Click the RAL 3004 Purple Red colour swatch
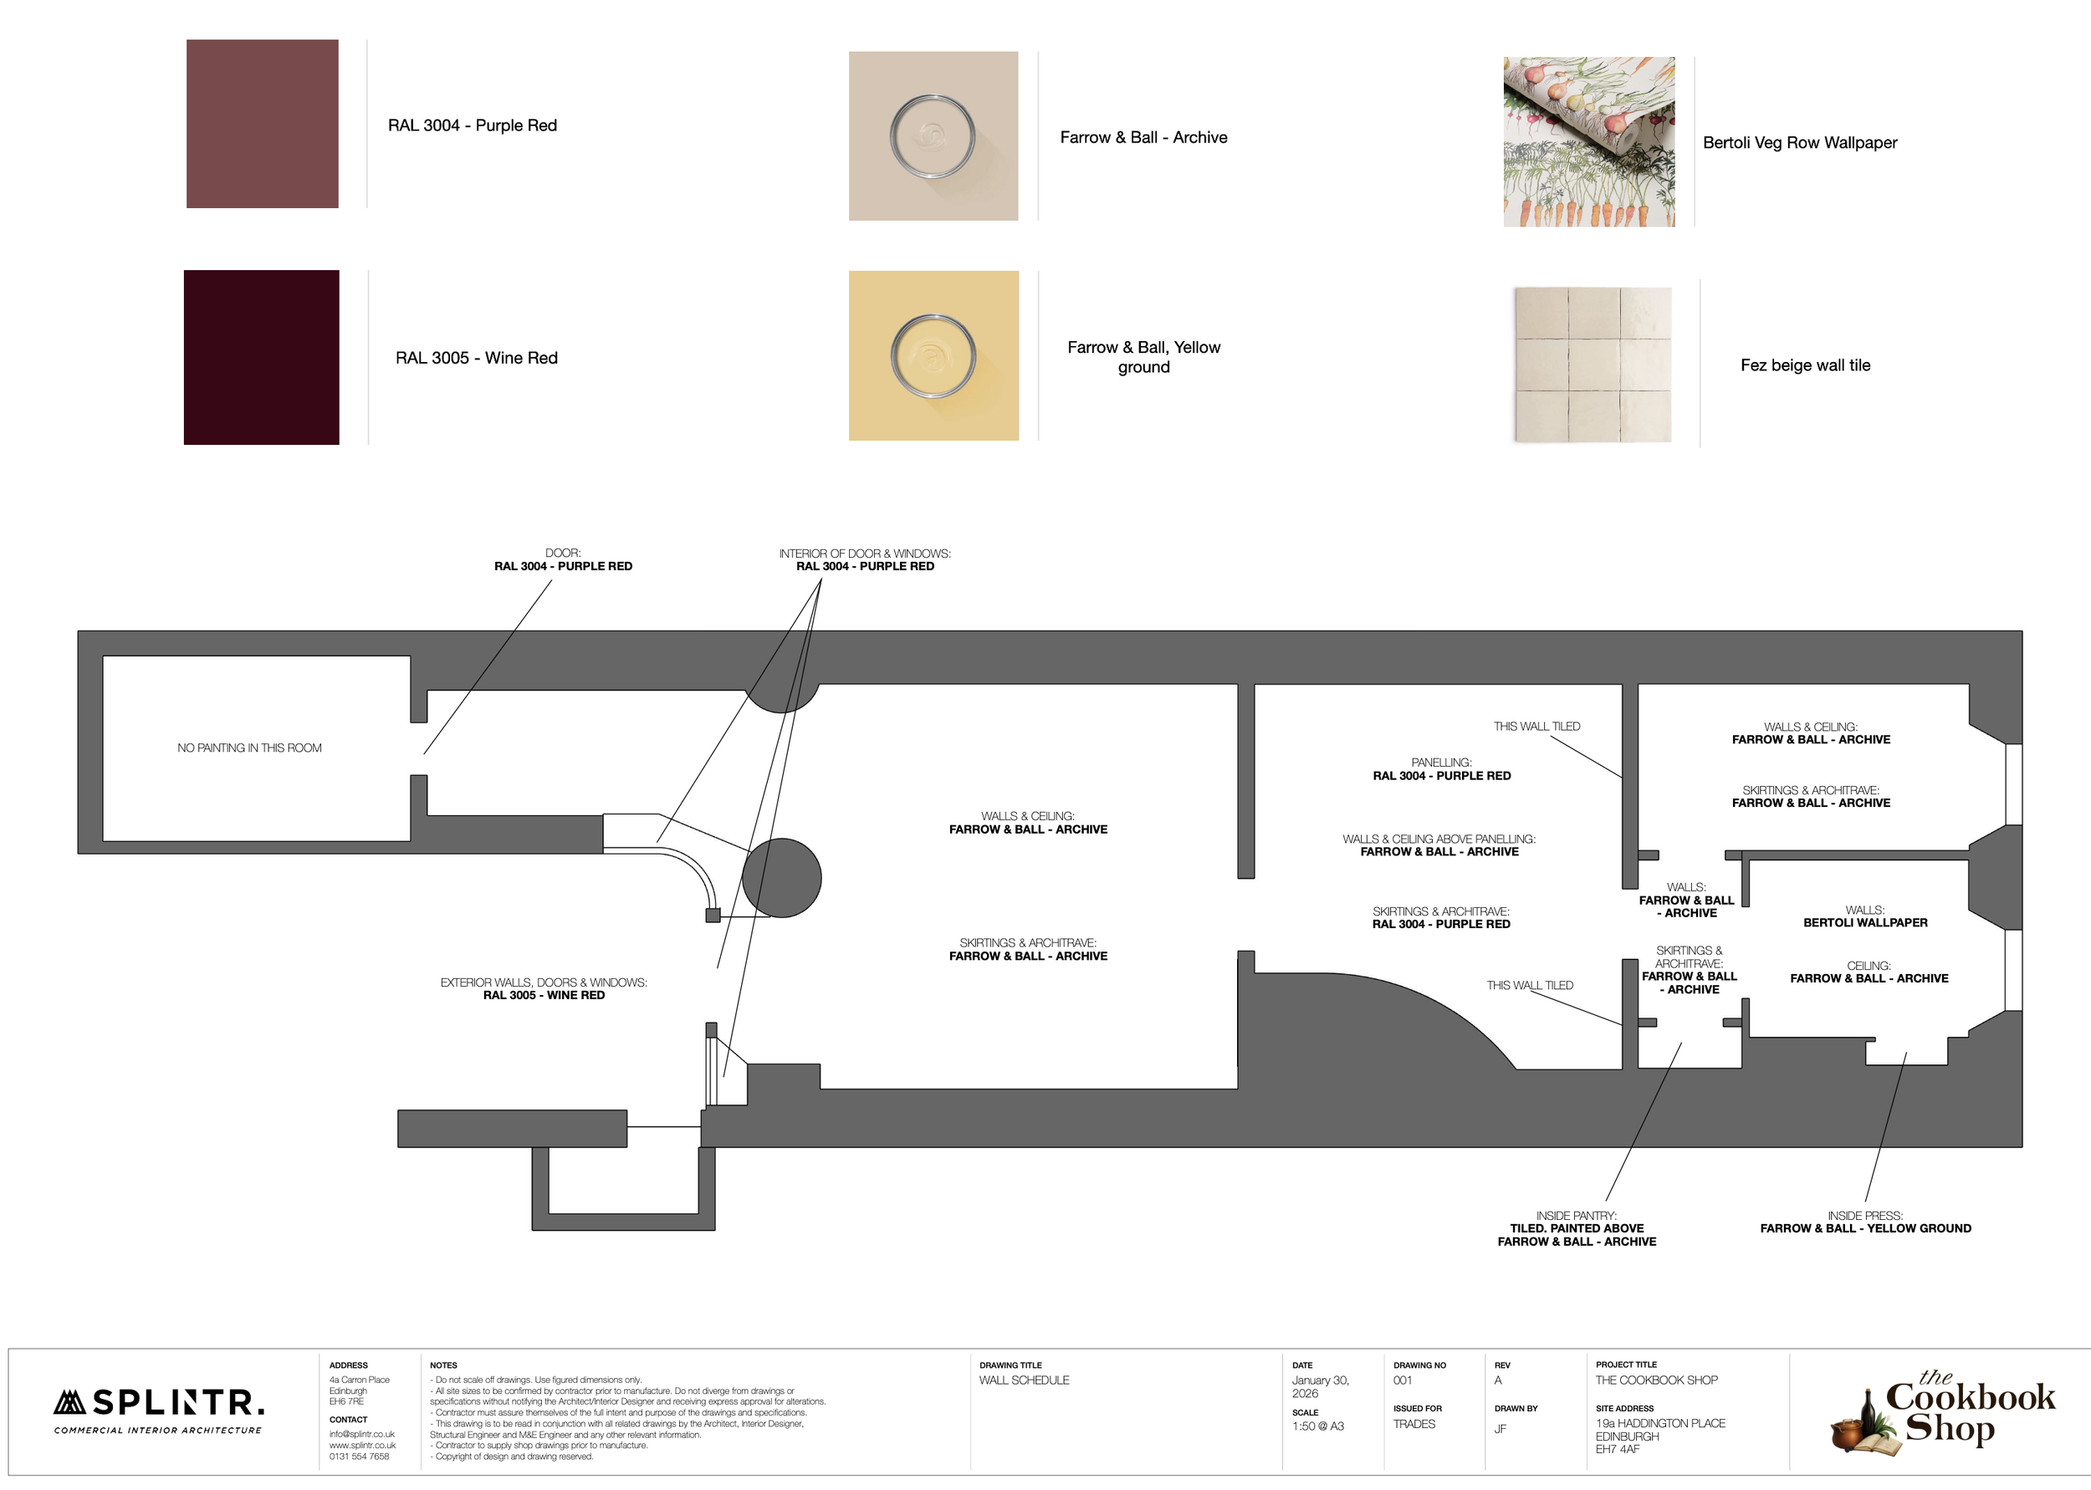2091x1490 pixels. pyautogui.click(x=263, y=124)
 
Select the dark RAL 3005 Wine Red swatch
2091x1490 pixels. pyautogui.click(x=262, y=357)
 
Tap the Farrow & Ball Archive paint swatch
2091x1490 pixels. pyautogui.click(x=933, y=135)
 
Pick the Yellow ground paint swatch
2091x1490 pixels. pyautogui.click(x=933, y=355)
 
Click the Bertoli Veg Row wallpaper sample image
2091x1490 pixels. pyautogui.click(x=1589, y=142)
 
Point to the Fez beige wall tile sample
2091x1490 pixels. pyautogui.click(x=1593, y=365)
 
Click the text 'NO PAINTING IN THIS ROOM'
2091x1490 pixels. pyautogui.click(x=249, y=748)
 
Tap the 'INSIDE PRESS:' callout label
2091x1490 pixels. pyautogui.click(x=1865, y=1216)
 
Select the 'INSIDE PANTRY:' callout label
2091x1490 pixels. pyautogui.click(x=1577, y=1216)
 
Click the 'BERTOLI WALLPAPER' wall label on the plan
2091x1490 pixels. pyautogui.click(x=1865, y=923)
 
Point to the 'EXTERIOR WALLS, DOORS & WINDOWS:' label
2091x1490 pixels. pyautogui.click(x=543, y=982)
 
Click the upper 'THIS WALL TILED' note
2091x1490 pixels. pyautogui.click(x=1536, y=727)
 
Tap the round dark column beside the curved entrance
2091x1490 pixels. pyautogui.click(x=782, y=878)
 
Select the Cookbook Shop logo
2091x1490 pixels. pyautogui.click(x=1943, y=1413)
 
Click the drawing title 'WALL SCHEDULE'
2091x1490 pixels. pyautogui.click(x=1024, y=1380)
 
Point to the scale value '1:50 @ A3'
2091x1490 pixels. pyautogui.click(x=1317, y=1426)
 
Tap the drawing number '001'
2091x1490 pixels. pyautogui.click(x=1403, y=1380)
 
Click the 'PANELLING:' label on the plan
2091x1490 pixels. pyautogui.click(x=1441, y=763)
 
